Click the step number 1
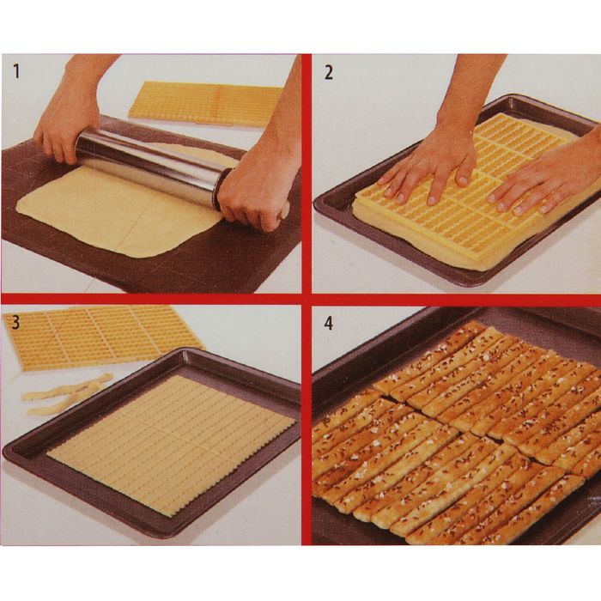[16, 71]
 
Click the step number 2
[329, 72]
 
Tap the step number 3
[15, 322]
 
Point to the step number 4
[329, 324]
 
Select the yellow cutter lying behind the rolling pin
[205, 104]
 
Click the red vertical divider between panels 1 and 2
[306, 174]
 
